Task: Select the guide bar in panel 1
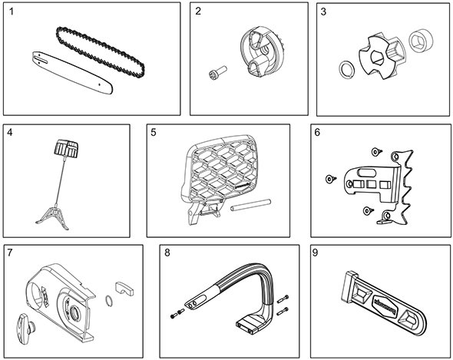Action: pyautogui.click(x=71, y=72)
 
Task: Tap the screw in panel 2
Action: pyautogui.click(x=217, y=71)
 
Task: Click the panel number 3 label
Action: pyautogui.click(x=323, y=12)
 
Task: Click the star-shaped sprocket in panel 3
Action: pyautogui.click(x=382, y=57)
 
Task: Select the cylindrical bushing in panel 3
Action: pyautogui.click(x=421, y=41)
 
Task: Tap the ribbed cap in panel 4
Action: pyautogui.click(x=66, y=147)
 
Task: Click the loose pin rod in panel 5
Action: pyautogui.click(x=250, y=204)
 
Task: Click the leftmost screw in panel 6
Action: pyautogui.click(x=330, y=179)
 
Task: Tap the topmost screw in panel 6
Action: pyautogui.click(x=376, y=151)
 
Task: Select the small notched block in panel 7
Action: pyautogui.click(x=124, y=289)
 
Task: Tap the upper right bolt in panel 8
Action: pyautogui.click(x=283, y=299)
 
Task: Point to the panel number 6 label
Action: pyautogui.click(x=317, y=132)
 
